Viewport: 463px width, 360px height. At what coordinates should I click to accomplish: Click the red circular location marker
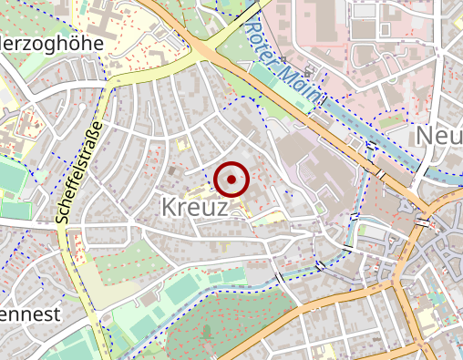tap(232, 180)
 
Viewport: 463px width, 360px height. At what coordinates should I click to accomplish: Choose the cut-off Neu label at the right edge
tap(438, 136)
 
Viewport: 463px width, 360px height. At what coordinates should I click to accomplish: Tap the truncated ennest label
tap(30, 314)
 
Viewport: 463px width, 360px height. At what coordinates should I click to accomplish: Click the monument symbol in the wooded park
tap(207, 329)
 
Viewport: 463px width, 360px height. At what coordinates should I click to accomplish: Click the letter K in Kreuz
tap(169, 207)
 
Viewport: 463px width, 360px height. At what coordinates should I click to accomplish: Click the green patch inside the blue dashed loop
tap(395, 118)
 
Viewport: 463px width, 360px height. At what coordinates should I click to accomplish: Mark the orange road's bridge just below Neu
tap(426, 221)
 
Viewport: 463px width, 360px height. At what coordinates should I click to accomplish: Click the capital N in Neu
tap(425, 136)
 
